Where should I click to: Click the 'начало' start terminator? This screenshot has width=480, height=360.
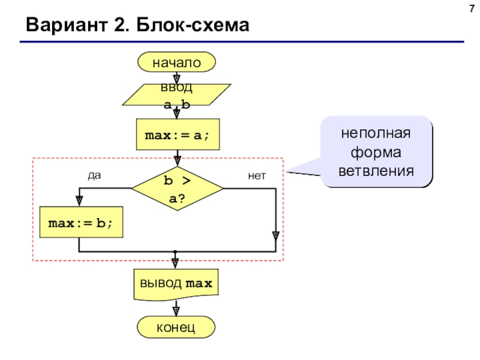click(176, 62)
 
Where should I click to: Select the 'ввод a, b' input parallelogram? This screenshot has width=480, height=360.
click(176, 96)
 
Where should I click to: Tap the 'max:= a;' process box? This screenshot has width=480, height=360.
click(176, 136)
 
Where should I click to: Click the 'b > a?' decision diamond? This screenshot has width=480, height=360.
click(176, 188)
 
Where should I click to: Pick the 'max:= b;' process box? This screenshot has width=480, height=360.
click(79, 223)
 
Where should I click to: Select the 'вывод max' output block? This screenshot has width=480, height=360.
click(176, 284)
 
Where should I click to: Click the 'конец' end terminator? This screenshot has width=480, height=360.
click(176, 328)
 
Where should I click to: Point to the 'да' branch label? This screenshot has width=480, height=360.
click(94, 176)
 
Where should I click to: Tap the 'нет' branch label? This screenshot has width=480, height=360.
click(256, 176)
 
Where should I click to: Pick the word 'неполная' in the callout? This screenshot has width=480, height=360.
click(376, 133)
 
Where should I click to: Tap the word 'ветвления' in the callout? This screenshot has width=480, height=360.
click(376, 170)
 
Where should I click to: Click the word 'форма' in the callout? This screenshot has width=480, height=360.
click(376, 152)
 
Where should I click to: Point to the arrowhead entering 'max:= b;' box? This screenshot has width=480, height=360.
click(79, 201)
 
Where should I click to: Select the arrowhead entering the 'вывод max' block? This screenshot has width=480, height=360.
click(176, 263)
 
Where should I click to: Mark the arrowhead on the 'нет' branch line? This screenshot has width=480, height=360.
click(275, 236)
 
